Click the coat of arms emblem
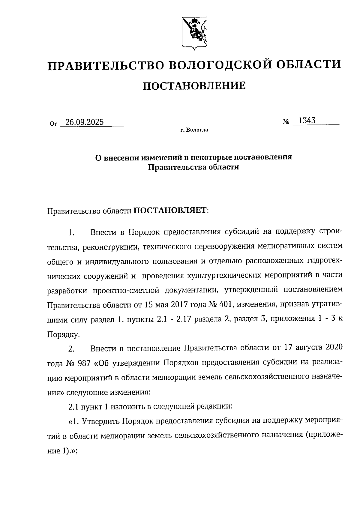coord(194,33)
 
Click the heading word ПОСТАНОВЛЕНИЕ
coord(194,86)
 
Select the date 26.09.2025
coord(85,122)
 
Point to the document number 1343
coord(307,121)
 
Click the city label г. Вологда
coord(194,130)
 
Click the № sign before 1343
coord(286,122)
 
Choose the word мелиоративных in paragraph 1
coord(288,247)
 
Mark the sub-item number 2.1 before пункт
coord(73,407)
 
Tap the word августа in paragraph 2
coord(307,348)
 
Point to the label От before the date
coord(53,124)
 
